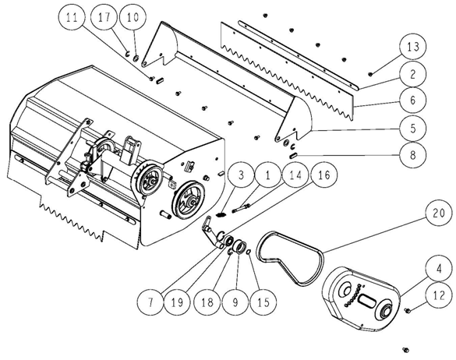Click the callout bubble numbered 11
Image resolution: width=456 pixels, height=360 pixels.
coord(72,17)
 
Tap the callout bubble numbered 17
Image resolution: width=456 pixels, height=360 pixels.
coord(104,17)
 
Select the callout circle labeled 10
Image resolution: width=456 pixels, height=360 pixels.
coord(133,17)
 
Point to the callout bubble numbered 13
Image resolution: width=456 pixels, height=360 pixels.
coord(413,47)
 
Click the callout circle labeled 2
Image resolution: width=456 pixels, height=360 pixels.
coord(413,74)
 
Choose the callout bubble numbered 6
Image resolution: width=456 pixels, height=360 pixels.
coord(413,100)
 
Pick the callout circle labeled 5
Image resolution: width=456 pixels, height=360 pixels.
coord(413,128)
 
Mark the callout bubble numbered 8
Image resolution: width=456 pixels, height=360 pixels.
coord(413,155)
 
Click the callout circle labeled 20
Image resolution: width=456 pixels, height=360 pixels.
coord(439,213)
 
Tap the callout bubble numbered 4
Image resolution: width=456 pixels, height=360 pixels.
coord(439,269)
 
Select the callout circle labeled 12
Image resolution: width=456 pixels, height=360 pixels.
coord(439,295)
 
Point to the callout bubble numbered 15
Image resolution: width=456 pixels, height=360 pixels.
coord(263,302)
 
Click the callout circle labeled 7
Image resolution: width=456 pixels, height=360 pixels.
coord(150,302)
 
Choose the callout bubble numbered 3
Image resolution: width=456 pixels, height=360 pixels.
coord(241,175)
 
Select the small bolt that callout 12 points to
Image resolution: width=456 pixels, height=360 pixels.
coord(407,311)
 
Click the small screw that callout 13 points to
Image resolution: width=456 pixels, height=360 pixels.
coord(370,74)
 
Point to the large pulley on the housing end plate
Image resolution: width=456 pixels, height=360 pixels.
coord(188,200)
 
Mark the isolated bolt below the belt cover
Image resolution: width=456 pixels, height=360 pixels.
coord(405,350)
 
